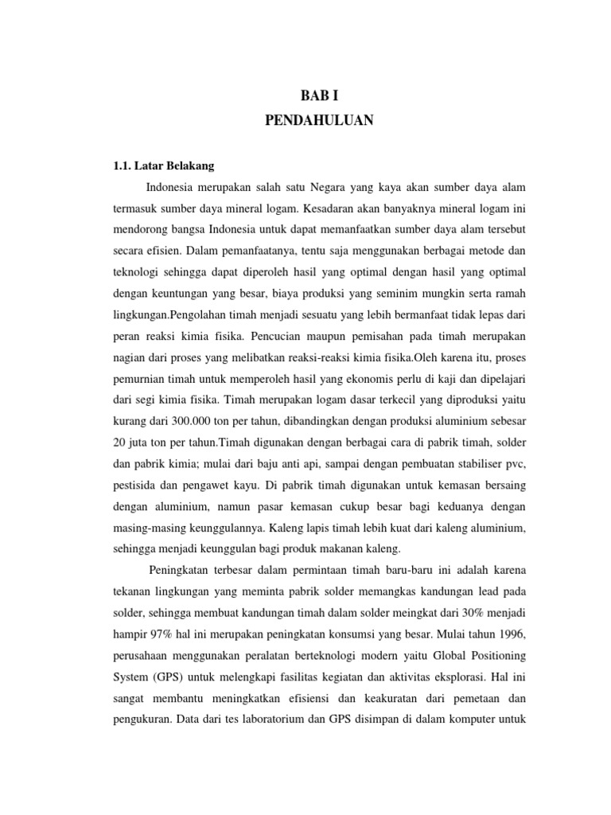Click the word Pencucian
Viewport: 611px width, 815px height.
tap(278, 338)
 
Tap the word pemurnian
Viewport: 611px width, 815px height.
tap(133, 381)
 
